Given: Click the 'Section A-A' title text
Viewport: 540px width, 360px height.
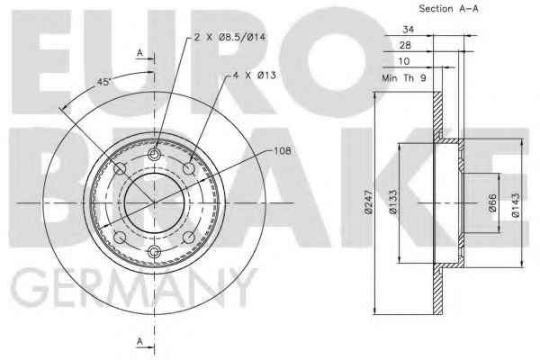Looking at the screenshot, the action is pos(448,9).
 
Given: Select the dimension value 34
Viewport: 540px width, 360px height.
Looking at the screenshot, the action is pos(408,30).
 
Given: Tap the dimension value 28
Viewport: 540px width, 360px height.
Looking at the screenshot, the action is pos(405,45).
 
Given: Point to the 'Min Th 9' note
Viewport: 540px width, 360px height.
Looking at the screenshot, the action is pos(404,78).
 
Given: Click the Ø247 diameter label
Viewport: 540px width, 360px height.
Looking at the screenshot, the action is pos(369,202).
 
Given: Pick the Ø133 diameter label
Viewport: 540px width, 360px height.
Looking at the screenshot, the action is pos(392,202).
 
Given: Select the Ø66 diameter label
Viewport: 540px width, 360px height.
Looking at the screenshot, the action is pos(492,202).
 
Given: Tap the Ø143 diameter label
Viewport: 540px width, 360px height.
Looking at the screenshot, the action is pos(516,205).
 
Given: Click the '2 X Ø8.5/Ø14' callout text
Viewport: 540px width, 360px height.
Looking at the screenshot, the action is pos(229,37).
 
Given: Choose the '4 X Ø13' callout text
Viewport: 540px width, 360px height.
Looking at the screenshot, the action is pos(255,75).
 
